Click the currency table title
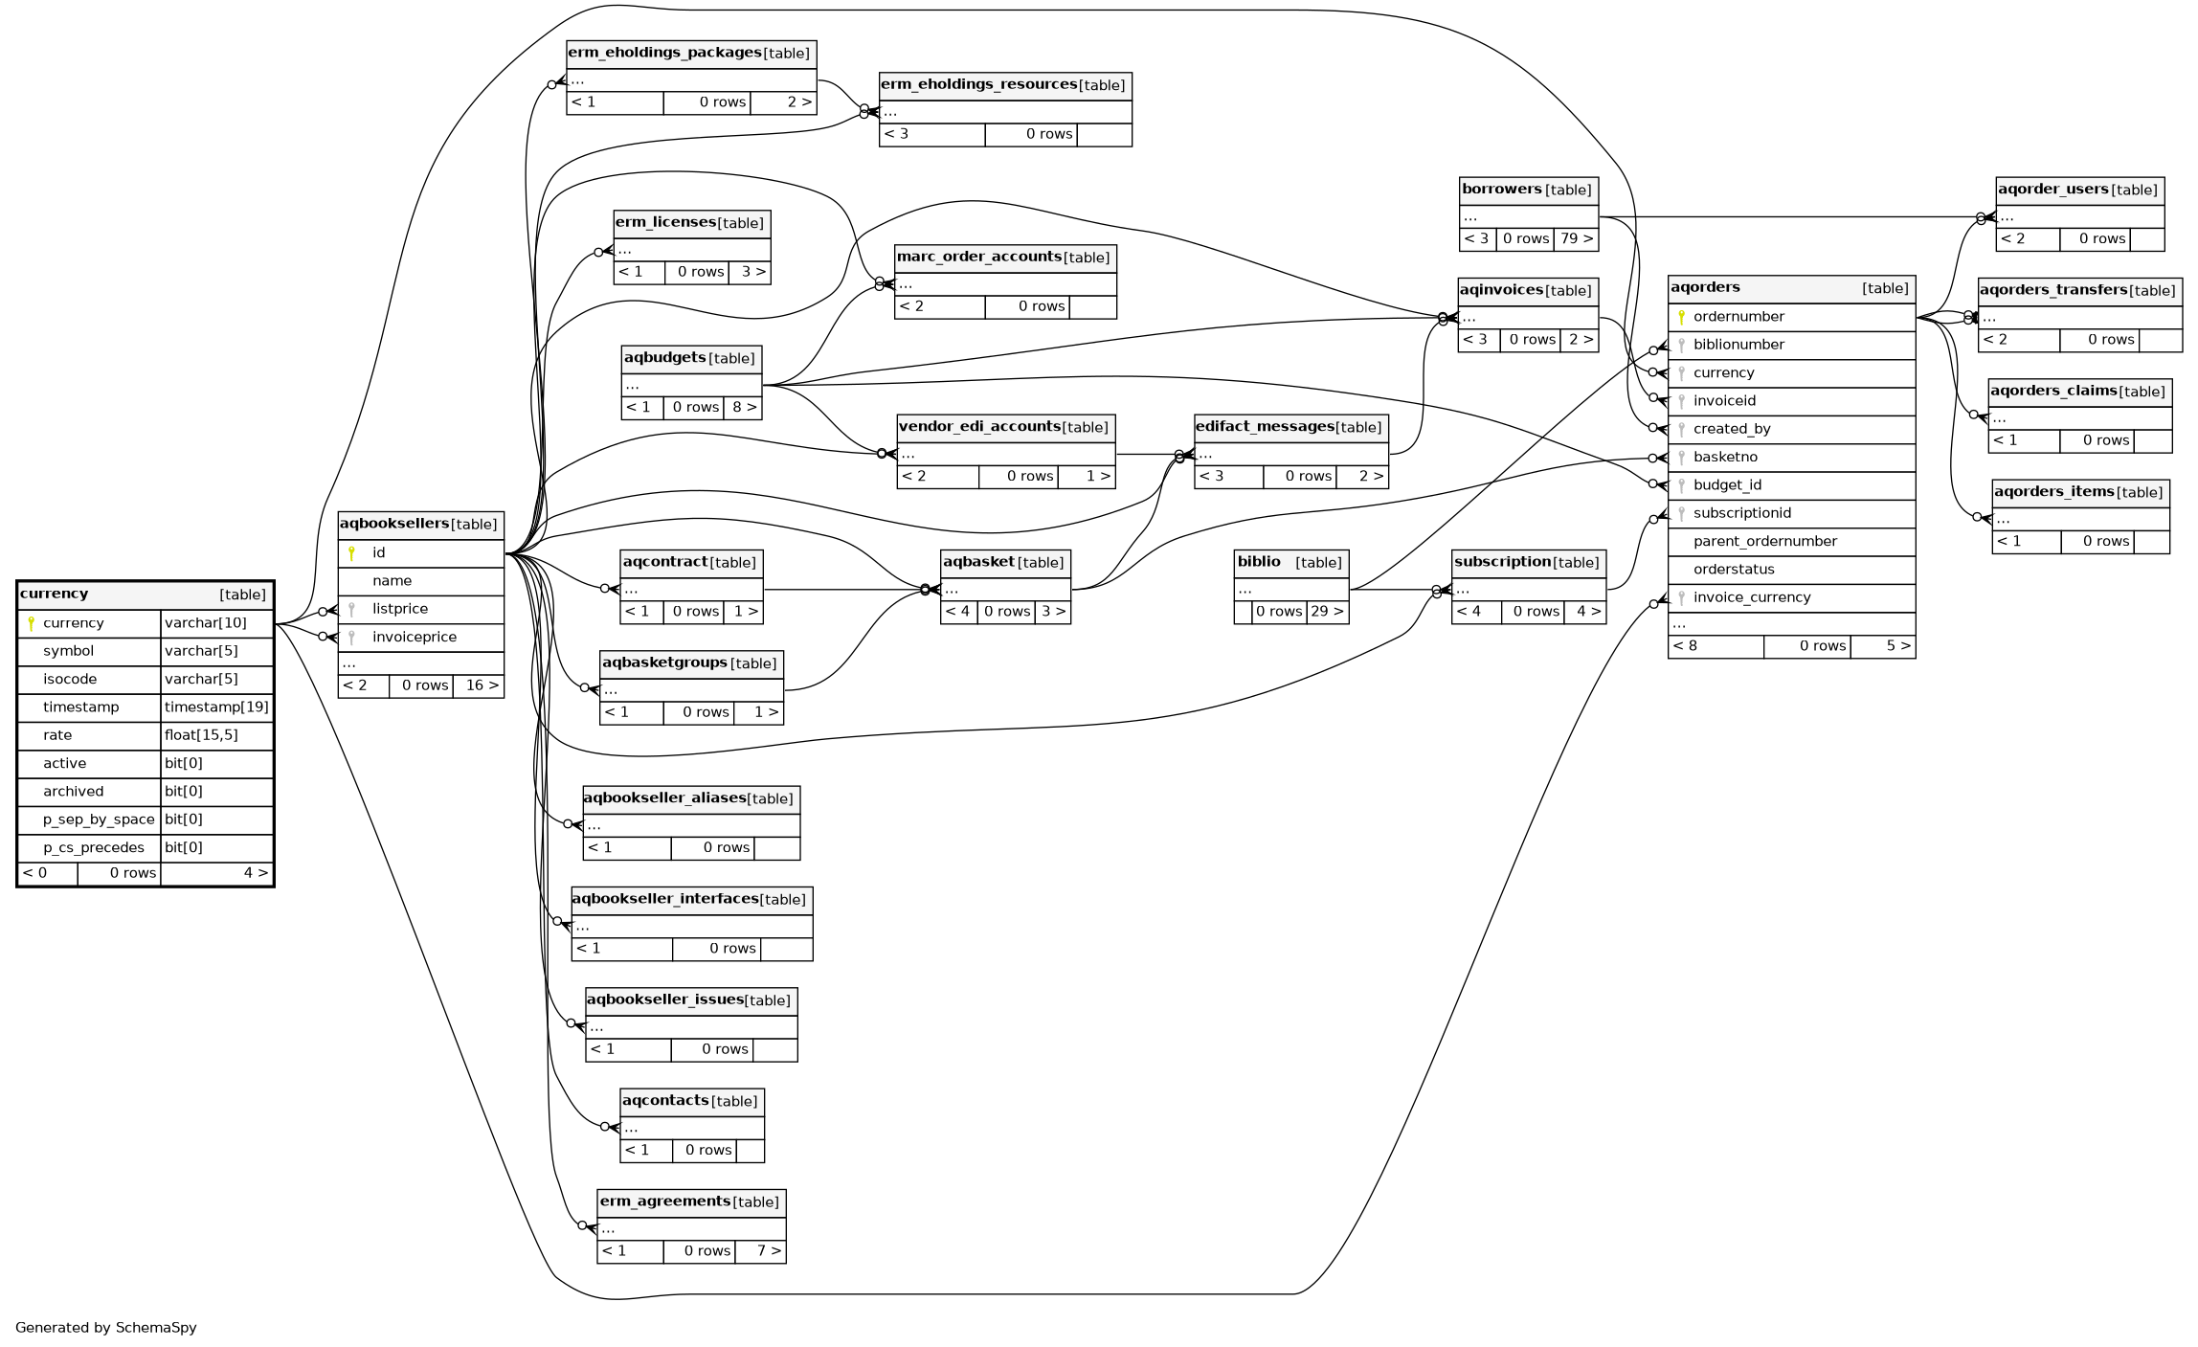pos(55,595)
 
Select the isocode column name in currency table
pos(70,680)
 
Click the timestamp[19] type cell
pos(216,707)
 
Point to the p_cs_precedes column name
pos(94,848)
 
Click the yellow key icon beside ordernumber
pos(1681,317)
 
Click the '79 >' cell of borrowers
pos(1576,239)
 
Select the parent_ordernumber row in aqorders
pos(1764,542)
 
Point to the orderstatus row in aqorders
pos(1734,570)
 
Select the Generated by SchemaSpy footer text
pos(106,1328)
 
